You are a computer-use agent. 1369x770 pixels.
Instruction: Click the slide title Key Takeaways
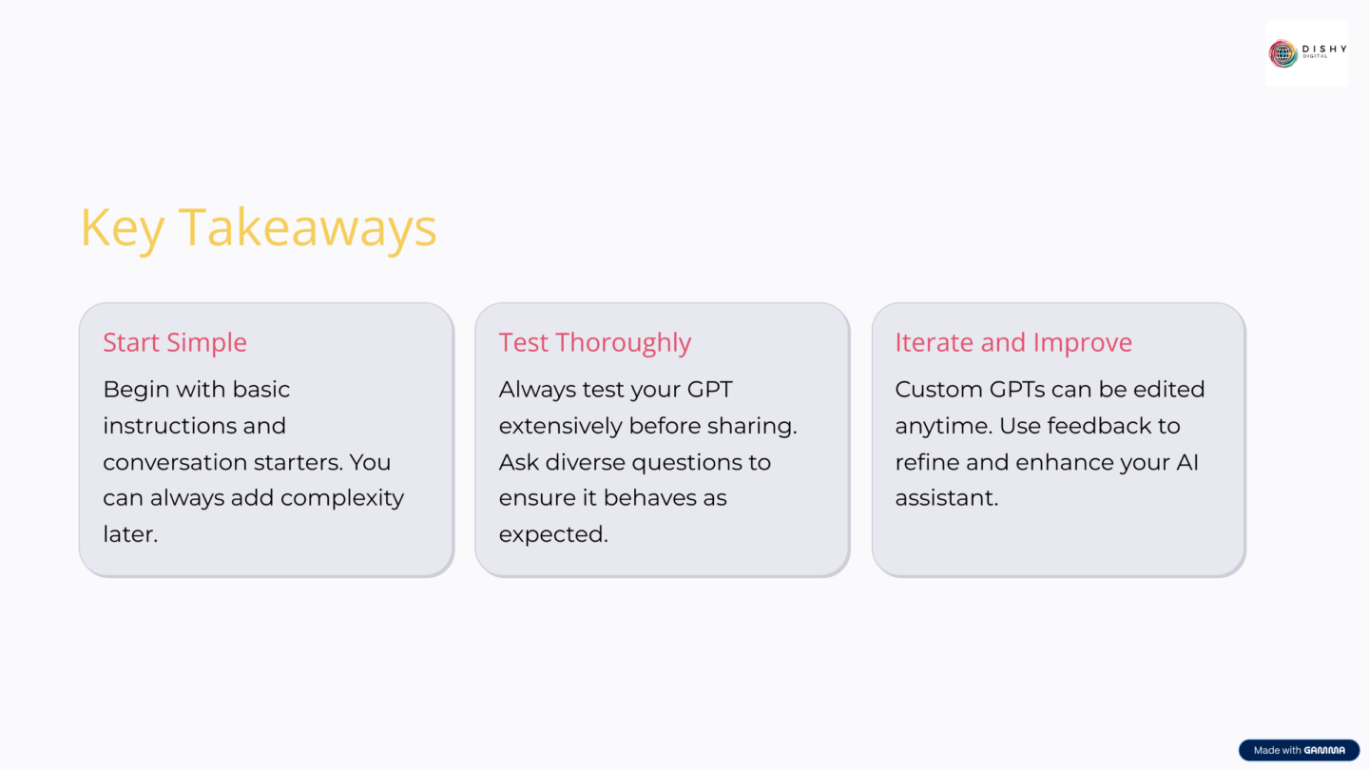258,228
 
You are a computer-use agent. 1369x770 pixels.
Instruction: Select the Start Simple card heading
175,342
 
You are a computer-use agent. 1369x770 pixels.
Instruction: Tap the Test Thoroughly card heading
595,342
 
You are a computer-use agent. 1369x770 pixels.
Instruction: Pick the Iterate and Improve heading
1013,342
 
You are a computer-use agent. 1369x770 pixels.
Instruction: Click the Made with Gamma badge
1299,750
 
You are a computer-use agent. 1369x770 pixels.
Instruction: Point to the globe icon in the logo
1283,53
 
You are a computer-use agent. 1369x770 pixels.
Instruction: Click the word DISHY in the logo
1323,49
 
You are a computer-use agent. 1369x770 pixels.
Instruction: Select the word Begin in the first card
132,390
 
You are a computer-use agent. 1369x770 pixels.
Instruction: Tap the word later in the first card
127,534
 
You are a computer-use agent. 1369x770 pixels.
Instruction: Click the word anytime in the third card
943,426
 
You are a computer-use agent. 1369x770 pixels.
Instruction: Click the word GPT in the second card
708,390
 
